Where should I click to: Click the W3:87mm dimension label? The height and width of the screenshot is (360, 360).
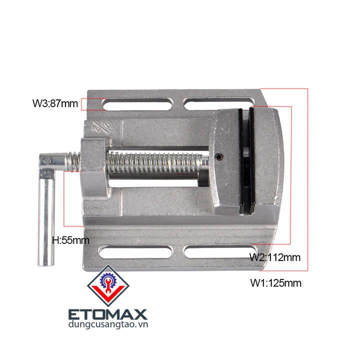point(55,103)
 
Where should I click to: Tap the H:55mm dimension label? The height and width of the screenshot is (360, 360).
point(70,240)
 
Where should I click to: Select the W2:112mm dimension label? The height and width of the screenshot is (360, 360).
point(275,257)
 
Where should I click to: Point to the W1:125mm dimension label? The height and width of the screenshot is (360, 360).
point(275,283)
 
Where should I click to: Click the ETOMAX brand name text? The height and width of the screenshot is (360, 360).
point(108,314)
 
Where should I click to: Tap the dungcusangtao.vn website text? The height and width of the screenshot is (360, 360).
point(108,324)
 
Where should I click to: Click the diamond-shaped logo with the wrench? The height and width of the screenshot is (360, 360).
point(108,286)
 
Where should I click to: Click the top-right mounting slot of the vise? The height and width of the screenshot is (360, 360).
point(219,104)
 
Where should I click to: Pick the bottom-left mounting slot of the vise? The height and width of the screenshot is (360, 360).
point(135,252)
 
